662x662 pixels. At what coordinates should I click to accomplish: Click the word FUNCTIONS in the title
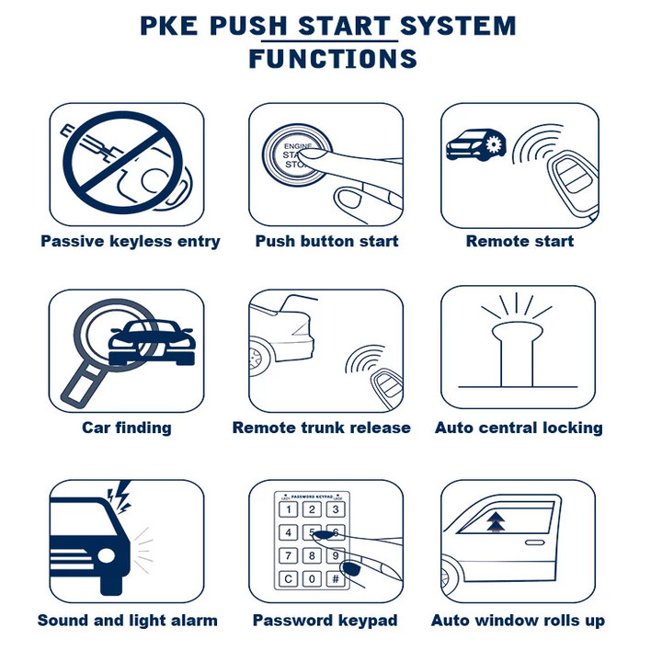pos(333,58)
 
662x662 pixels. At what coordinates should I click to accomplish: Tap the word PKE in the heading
pos(169,26)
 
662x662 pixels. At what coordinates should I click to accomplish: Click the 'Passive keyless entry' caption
pos(131,242)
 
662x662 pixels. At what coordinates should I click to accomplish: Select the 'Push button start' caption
pos(326,241)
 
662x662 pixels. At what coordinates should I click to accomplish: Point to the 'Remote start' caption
pos(519,241)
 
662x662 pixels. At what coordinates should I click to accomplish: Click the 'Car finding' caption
pos(127,428)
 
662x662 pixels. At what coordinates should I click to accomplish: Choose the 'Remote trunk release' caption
pos(321,428)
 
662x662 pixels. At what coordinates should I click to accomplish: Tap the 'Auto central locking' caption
pos(519,428)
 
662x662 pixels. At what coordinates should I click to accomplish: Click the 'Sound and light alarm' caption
pos(128,621)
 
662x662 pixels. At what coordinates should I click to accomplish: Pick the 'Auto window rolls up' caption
pos(518,621)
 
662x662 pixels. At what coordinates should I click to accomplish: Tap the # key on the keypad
pos(336,578)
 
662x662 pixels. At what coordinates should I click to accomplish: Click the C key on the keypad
pos(289,578)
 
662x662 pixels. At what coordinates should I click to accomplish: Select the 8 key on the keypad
pos(312,555)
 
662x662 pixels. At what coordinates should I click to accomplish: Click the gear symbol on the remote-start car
pos(494,144)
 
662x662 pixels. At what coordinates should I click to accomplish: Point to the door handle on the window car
pos(534,542)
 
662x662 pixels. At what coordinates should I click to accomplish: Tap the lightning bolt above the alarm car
pos(120,497)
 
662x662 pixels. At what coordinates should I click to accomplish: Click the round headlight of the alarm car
pos(106,555)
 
